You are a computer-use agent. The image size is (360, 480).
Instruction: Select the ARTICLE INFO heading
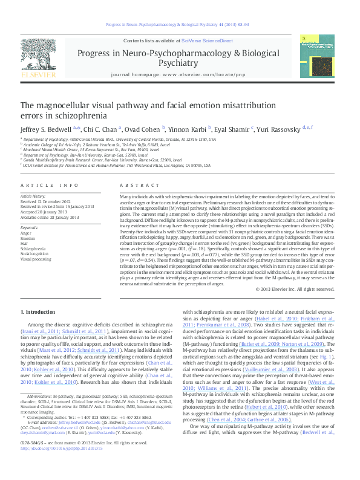(x=49, y=186)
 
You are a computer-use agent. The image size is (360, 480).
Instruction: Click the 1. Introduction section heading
(x=38, y=311)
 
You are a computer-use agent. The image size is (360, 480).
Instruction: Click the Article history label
(x=33, y=196)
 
